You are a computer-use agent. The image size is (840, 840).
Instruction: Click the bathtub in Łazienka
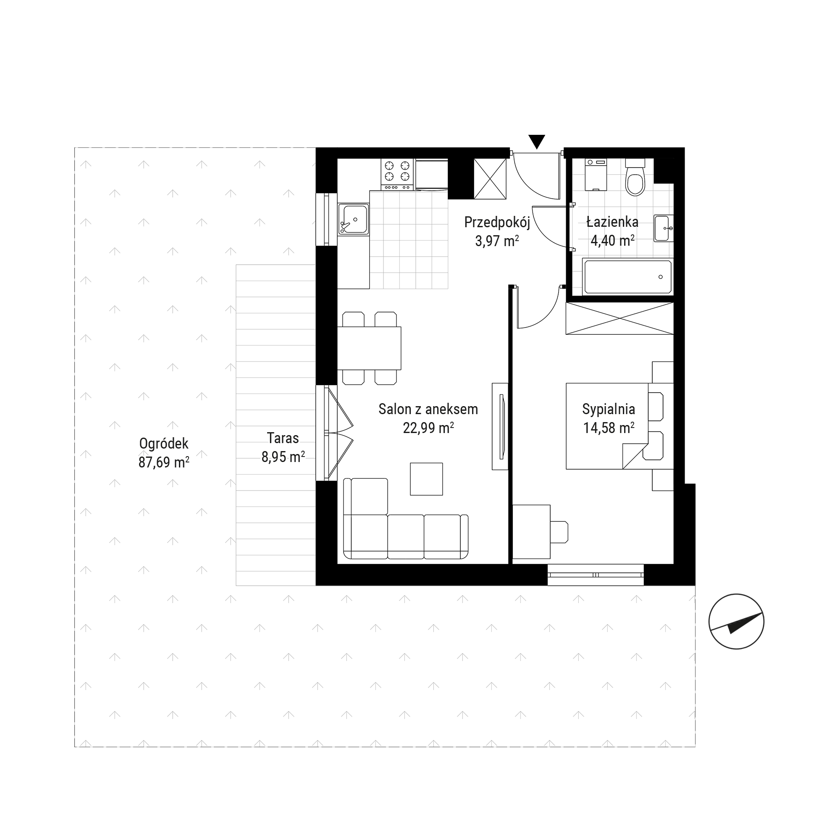pyautogui.click(x=627, y=276)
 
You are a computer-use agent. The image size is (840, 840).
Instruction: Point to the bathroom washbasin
pyautogui.click(x=664, y=228)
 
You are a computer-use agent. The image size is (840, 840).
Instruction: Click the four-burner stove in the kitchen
pyautogui.click(x=397, y=175)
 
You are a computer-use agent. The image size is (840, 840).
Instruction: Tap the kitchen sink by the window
pyautogui.click(x=354, y=219)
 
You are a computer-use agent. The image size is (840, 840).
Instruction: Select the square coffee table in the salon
pyautogui.click(x=427, y=479)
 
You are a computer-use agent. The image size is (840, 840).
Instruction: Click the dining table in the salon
pyautogui.click(x=369, y=348)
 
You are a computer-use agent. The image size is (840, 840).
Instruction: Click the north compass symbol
pyautogui.click(x=736, y=622)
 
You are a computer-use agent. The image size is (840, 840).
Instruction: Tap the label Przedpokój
pyautogui.click(x=497, y=223)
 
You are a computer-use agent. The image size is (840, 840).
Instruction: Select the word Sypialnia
pyautogui.click(x=608, y=409)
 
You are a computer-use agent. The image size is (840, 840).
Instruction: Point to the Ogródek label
pyautogui.click(x=163, y=444)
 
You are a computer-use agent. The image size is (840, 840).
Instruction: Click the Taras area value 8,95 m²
pyautogui.click(x=283, y=457)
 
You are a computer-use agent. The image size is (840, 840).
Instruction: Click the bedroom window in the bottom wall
pyautogui.click(x=596, y=575)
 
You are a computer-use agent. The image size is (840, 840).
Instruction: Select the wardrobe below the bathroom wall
pyautogui.click(x=619, y=318)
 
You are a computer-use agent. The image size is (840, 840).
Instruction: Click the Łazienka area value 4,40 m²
pyautogui.click(x=612, y=240)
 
